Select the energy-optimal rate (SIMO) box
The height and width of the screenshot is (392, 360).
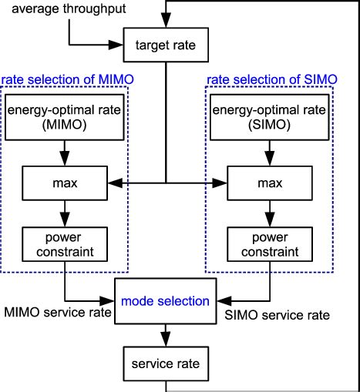(270, 118)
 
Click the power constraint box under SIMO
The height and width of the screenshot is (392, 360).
(270, 243)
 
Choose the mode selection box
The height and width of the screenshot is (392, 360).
(167, 301)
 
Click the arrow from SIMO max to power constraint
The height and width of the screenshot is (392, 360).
(270, 213)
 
